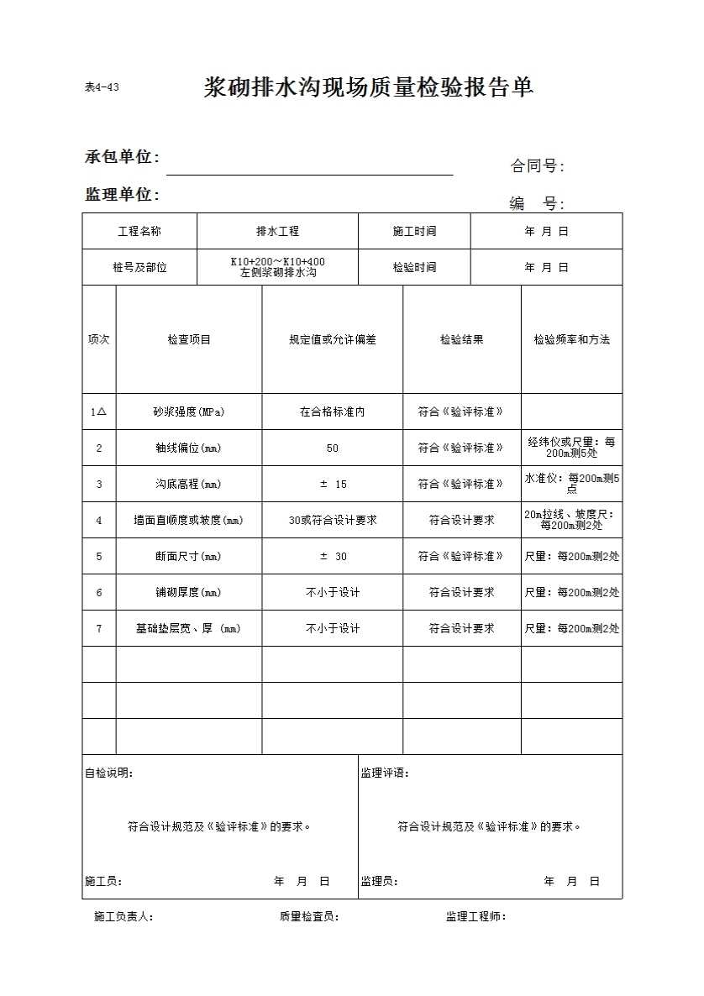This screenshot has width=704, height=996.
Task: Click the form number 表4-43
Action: point(102,87)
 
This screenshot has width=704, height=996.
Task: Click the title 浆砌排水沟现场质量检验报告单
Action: point(369,87)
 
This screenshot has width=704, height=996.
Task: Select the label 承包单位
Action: point(123,157)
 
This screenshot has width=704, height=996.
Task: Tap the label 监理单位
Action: point(123,194)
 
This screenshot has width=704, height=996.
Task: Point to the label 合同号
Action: point(537,166)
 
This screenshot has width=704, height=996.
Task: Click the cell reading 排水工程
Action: point(277,231)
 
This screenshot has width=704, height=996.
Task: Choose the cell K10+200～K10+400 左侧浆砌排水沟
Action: point(277,267)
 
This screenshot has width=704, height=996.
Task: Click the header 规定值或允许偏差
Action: point(333,340)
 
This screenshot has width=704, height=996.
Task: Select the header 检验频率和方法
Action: point(571,340)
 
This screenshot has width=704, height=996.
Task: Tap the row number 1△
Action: point(99,412)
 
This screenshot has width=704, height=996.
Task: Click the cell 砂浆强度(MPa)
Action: point(189,412)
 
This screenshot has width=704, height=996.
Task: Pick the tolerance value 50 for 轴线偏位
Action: point(333,448)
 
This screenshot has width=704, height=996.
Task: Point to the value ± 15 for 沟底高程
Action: point(333,485)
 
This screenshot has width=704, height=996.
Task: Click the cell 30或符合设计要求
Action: point(333,521)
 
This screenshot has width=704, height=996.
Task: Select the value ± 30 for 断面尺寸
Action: point(333,557)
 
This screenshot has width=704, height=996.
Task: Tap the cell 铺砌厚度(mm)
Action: point(189,593)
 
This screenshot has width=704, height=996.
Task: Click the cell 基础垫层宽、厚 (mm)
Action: point(189,629)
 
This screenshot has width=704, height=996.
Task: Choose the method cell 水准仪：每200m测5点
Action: point(571,484)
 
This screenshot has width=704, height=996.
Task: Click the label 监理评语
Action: point(385,773)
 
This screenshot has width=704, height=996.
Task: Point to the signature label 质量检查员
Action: point(309,917)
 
